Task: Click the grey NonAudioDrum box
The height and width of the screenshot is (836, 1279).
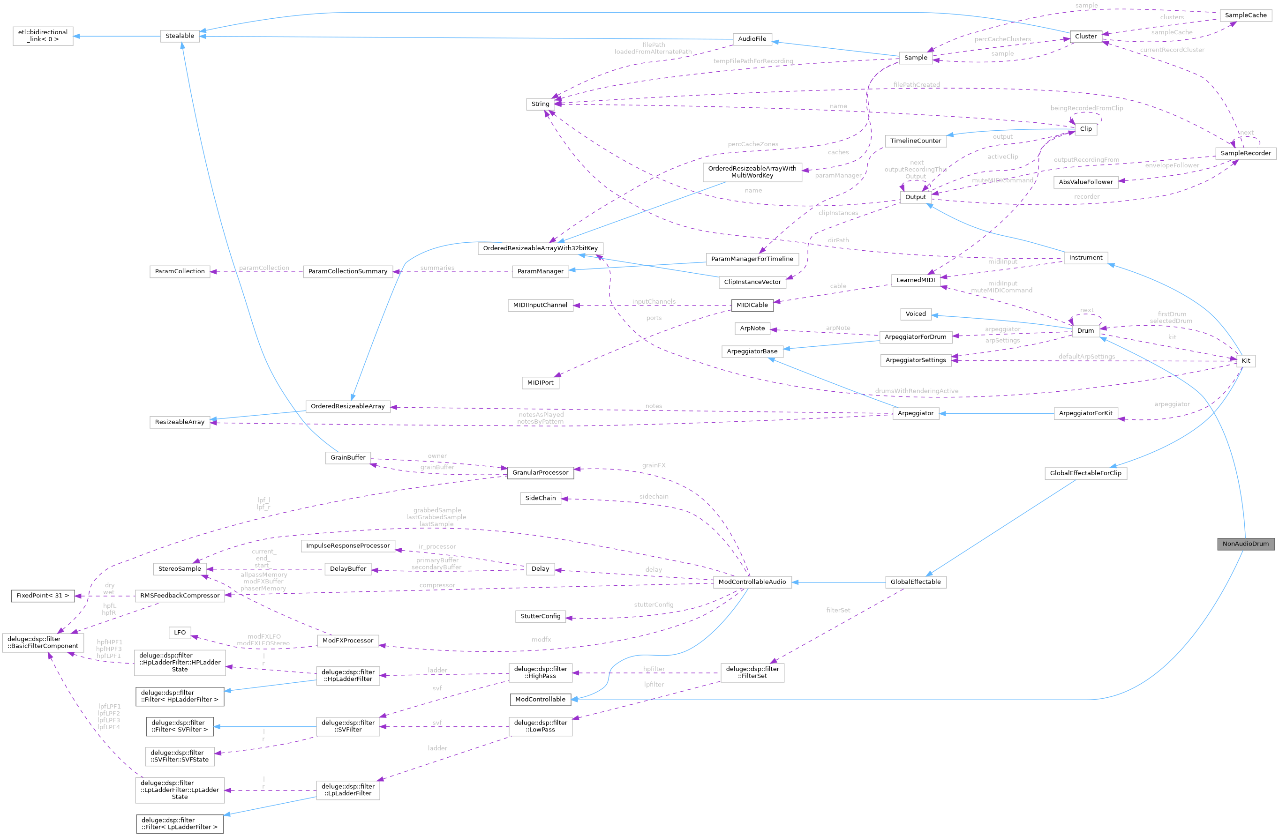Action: [1245, 544]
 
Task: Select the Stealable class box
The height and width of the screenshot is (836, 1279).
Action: [180, 36]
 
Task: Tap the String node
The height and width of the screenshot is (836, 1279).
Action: [540, 104]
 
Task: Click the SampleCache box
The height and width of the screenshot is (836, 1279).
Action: [1245, 15]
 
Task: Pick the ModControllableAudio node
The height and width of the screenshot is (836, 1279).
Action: [752, 582]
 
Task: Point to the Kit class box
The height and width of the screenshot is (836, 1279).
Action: [1245, 360]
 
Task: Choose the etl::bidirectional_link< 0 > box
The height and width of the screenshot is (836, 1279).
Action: [43, 36]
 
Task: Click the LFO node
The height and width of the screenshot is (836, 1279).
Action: [180, 632]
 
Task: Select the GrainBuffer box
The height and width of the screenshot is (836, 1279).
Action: [348, 458]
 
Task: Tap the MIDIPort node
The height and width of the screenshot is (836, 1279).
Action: [540, 382]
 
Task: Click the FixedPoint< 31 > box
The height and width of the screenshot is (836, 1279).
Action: [43, 595]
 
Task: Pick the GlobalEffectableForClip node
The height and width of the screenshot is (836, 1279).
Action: [1085, 473]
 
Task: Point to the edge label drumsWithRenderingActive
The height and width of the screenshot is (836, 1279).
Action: [916, 391]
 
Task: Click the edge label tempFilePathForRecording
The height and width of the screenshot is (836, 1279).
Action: [753, 61]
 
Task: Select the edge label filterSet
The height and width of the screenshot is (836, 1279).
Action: [838, 610]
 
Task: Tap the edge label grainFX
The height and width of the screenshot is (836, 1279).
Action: [654, 465]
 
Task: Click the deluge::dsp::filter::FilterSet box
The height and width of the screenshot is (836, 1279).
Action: [752, 672]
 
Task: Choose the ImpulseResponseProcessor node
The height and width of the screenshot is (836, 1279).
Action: [348, 546]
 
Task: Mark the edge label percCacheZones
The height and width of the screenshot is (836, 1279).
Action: [752, 144]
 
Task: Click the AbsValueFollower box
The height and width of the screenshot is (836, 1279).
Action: [1085, 182]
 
